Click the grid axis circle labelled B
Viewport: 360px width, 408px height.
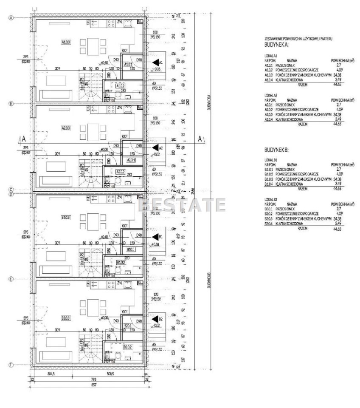[12, 103]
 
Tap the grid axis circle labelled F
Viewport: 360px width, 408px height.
[12, 365]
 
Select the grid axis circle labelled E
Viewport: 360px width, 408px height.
[12, 279]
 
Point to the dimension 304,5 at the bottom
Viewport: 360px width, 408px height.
[51, 374]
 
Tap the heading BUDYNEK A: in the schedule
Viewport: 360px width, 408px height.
[276, 44]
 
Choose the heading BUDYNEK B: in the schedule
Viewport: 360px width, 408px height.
[276, 150]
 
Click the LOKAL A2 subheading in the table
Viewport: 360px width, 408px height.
[271, 96]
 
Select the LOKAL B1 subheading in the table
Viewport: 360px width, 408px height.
[270, 160]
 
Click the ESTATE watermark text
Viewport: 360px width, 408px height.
[183, 205]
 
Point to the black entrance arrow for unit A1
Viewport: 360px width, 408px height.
[156, 62]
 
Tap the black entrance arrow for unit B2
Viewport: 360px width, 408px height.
[156, 319]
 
